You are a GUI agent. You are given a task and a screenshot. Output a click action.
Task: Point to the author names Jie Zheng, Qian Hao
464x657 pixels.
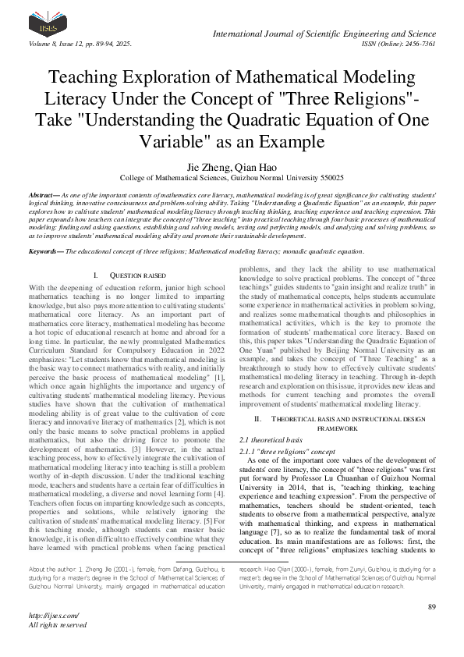pyautogui.click(x=232, y=168)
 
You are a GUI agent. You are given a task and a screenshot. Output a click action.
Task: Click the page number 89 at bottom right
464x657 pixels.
pyautogui.click(x=431, y=606)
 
